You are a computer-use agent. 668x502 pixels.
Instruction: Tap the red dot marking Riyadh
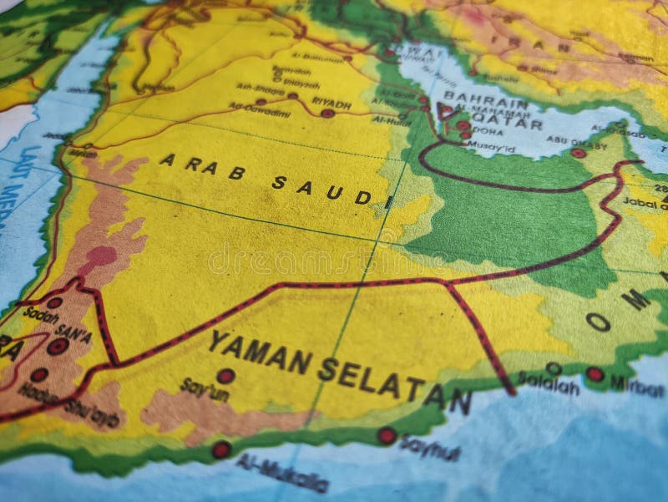327,113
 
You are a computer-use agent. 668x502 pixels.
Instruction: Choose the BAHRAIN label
474,97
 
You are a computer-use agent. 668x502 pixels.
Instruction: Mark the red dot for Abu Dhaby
578,153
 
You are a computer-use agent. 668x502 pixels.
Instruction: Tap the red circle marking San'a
58,346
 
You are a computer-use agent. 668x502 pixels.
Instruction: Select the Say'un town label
204,388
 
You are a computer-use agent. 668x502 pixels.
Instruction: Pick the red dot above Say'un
225,376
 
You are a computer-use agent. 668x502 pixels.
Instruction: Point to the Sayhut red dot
387,435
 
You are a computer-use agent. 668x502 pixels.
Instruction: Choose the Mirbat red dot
595,373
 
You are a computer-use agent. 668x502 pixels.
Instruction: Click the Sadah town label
41,315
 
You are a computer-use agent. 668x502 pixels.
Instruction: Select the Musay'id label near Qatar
492,149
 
